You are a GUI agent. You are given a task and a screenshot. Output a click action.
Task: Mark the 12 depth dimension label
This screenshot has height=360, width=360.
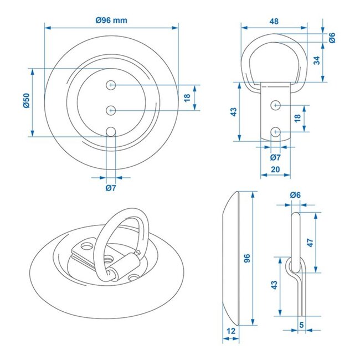[x=232, y=331]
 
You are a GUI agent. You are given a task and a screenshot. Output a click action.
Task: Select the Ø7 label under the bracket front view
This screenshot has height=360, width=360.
[x=275, y=157]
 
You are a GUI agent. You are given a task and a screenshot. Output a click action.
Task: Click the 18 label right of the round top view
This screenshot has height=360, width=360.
[x=187, y=97]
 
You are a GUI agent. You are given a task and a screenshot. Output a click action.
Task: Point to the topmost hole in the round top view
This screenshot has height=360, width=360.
[x=112, y=85]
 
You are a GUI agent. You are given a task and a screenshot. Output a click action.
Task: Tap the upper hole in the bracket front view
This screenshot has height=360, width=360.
[x=275, y=104]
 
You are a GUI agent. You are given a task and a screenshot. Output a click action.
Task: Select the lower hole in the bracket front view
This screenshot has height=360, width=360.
[x=275, y=131]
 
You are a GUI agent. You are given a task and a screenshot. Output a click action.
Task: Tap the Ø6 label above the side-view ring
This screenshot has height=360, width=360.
[x=295, y=195]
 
